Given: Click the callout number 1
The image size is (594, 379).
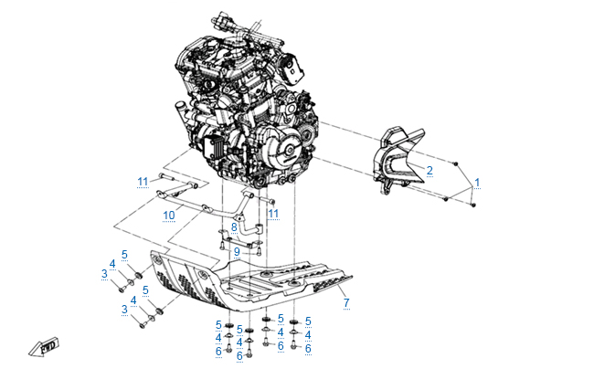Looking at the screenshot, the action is [477, 183].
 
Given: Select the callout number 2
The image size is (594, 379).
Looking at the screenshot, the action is [430, 171].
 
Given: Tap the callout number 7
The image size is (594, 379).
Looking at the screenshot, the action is [346, 303].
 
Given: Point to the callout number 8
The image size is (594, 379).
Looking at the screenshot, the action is [234, 227].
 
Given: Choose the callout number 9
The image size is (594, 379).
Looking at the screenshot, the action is [237, 252].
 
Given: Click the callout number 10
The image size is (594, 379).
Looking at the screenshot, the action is [169, 216].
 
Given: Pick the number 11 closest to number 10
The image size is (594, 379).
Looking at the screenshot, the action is [143, 182].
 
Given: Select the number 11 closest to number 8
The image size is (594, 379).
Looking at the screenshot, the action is [273, 214].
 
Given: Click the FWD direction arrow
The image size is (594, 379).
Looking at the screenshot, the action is [45, 346].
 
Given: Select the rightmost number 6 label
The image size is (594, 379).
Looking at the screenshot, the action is [308, 349].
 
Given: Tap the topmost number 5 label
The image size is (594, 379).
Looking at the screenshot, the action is [124, 255].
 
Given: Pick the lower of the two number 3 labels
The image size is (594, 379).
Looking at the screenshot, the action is [124, 310].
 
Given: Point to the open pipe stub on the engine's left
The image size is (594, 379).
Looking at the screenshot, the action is [180, 111].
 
